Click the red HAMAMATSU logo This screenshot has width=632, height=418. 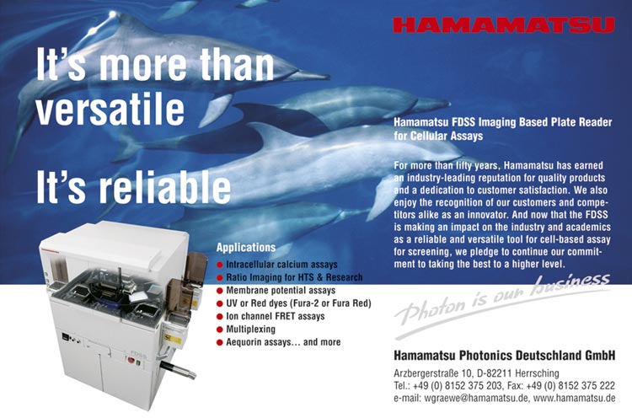504,25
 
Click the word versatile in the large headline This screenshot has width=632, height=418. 110,108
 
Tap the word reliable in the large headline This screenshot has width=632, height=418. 165,186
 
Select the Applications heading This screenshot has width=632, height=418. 246,247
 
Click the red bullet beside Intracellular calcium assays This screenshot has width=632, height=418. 220,265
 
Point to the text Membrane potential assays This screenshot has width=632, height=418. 281,290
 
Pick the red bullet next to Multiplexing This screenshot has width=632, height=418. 220,330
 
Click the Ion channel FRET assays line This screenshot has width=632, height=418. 276,316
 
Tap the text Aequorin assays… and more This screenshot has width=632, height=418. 283,342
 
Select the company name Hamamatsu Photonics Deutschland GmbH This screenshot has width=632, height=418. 504,356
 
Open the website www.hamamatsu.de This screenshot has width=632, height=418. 575,399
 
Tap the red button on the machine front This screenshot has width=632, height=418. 131,360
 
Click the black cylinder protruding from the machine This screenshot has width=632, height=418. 178,370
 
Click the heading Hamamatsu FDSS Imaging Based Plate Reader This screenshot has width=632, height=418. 502,122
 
